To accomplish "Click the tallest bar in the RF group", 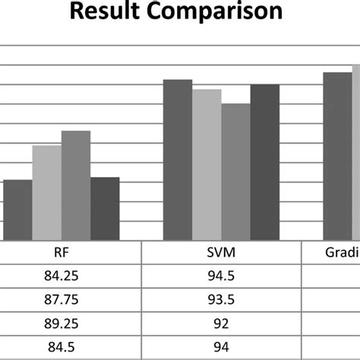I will coord(76,186).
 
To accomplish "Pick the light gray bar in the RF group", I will coord(47,194).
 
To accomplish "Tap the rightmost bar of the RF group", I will coord(105,209).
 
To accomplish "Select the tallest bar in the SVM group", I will coord(178,159).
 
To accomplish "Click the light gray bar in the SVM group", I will coord(207,165).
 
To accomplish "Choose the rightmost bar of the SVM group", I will coord(264,163).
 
